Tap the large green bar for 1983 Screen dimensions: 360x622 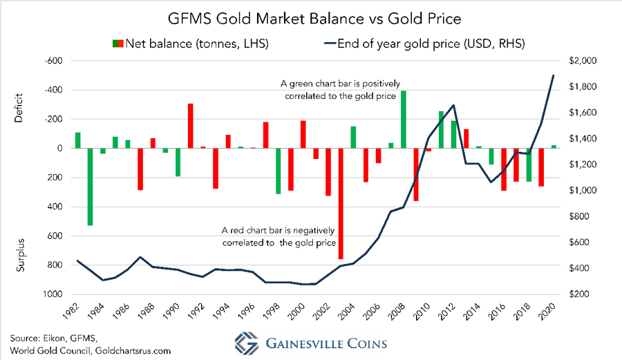coord(90,187)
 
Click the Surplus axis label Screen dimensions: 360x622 coord(19,254)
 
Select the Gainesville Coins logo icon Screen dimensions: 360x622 coord(243,343)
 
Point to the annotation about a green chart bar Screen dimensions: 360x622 coord(338,90)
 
